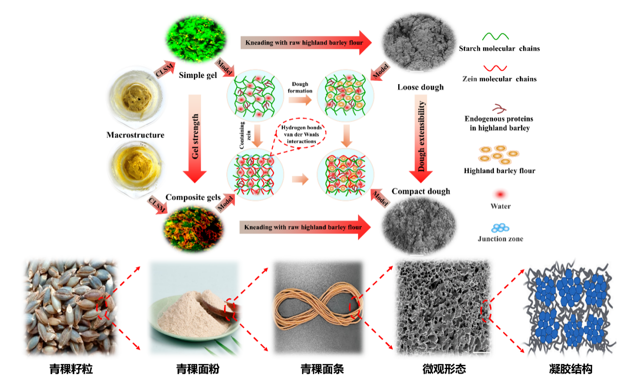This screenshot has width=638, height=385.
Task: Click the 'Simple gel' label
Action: [x=198, y=75]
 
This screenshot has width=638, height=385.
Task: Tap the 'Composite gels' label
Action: [x=193, y=197]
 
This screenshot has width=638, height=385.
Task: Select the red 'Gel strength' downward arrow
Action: [x=195, y=139]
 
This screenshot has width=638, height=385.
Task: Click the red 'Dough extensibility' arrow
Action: [x=421, y=139]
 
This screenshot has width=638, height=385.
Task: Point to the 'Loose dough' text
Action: [x=420, y=87]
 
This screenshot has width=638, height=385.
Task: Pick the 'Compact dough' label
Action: [x=421, y=191]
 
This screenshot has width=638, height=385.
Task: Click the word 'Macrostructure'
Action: [x=135, y=135]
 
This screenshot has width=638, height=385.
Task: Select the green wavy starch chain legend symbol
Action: [x=495, y=36]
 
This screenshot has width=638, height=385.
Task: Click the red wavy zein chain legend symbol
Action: [x=495, y=68]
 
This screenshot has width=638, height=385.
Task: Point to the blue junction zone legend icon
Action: [x=500, y=227]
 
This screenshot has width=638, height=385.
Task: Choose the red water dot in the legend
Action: [x=500, y=194]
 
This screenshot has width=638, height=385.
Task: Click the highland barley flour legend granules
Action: [x=498, y=155]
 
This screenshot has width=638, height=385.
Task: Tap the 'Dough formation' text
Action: [x=300, y=88]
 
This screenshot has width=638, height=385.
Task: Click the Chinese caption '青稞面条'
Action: [x=322, y=369]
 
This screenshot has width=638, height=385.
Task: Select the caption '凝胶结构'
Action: [x=571, y=369]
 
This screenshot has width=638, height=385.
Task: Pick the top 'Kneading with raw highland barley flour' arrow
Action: [x=306, y=43]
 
